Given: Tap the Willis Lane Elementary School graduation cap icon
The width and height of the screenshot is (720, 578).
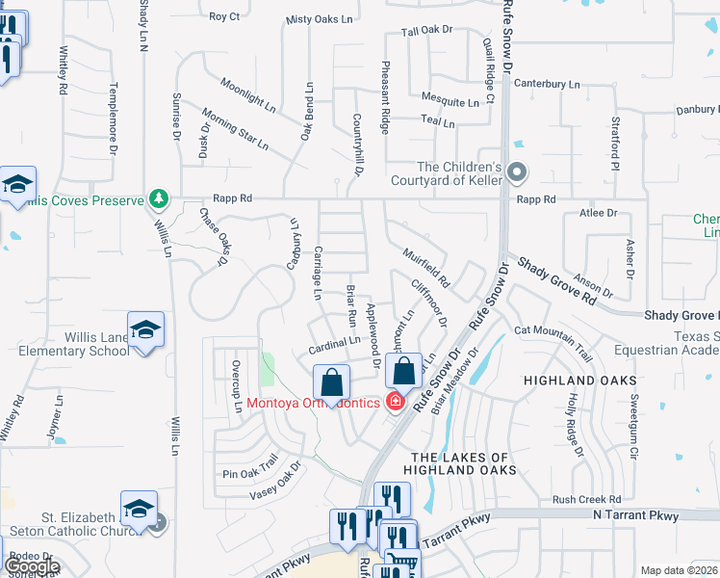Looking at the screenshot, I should point(145,331).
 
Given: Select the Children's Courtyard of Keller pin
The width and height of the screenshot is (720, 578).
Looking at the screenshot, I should point(517,173).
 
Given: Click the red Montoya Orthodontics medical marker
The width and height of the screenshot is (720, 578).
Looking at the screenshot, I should point(394,402).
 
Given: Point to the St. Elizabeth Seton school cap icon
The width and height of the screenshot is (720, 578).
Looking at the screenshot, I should point(139,511).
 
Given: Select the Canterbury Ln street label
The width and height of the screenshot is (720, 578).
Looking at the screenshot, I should point(546,84).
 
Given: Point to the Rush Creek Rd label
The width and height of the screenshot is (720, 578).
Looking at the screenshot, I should point(586,499).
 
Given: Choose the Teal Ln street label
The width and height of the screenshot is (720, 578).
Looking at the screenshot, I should point(438,121).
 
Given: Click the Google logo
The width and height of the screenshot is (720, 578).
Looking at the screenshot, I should point(32,566).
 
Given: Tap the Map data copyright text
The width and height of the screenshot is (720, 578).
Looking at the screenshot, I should point(680,570).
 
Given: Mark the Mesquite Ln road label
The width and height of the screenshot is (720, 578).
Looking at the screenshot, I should point(451,100).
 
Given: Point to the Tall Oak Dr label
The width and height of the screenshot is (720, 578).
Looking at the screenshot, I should point(426,31).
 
